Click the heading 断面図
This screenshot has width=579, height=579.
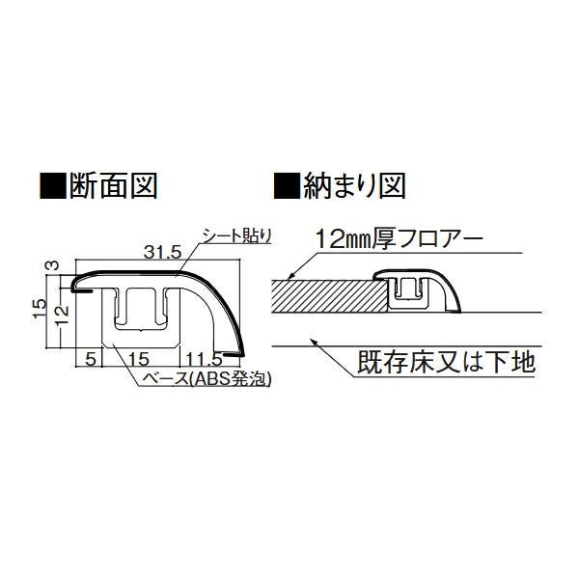pyautogui.click(x=113, y=185)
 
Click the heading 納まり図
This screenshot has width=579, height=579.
pyautogui.click(x=354, y=185)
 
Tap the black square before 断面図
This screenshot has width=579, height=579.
pyautogui.click(x=53, y=185)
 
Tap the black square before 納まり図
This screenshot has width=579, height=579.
pyautogui.click(x=288, y=185)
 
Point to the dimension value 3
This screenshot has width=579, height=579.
pyautogui.click(x=54, y=265)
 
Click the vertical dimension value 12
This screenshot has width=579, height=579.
pyautogui.click(x=63, y=315)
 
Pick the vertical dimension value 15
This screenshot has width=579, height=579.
pyautogui.click(x=40, y=308)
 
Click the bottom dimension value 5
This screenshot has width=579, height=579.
pyautogui.click(x=90, y=359)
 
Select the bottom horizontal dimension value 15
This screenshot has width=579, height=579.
pyautogui.click(x=140, y=359)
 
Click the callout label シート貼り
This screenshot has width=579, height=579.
pyautogui.click(x=234, y=236)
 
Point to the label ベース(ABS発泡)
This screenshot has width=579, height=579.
pyautogui.click(x=207, y=378)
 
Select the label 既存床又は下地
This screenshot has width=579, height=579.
pyautogui.click(x=447, y=363)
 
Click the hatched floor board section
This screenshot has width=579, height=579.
pyautogui.click(x=330, y=296)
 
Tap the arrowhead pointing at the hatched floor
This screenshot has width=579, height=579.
pyautogui.click(x=289, y=276)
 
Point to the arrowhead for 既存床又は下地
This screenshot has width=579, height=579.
pyautogui.click(x=314, y=342)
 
